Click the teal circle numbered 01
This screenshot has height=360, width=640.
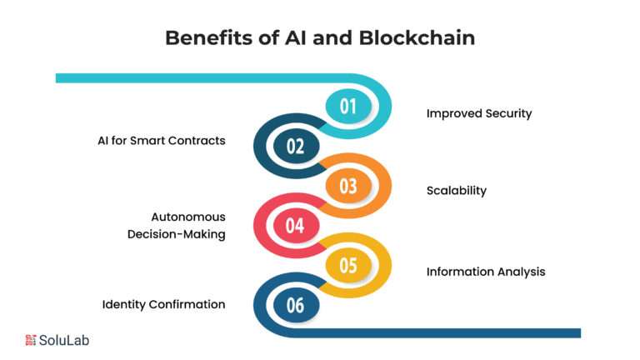tap(348, 106)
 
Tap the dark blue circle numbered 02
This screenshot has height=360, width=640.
tap(296, 146)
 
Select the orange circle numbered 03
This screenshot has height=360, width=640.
tap(348, 186)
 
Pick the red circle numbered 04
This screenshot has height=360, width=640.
tap(296, 225)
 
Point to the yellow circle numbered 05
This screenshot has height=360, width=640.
tap(348, 265)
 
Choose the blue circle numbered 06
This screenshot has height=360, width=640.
tap(296, 305)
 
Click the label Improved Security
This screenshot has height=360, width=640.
tap(479, 113)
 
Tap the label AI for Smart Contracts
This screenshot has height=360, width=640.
tap(162, 140)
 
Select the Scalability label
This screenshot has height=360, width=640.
tap(457, 191)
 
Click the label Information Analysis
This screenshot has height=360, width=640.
tap(486, 272)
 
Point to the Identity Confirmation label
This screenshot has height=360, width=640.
tap(163, 304)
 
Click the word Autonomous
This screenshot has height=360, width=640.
tap(188, 217)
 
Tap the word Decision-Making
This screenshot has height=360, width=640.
tap(177, 234)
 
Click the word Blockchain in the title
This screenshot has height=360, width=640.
tap(417, 38)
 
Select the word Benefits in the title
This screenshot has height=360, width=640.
tap(208, 38)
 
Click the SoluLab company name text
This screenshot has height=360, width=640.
tap(64, 340)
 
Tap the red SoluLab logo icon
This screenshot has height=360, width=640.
tap(31, 340)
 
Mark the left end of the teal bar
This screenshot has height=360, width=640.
tap(57, 78)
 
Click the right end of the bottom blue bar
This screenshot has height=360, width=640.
tap(580, 333)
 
